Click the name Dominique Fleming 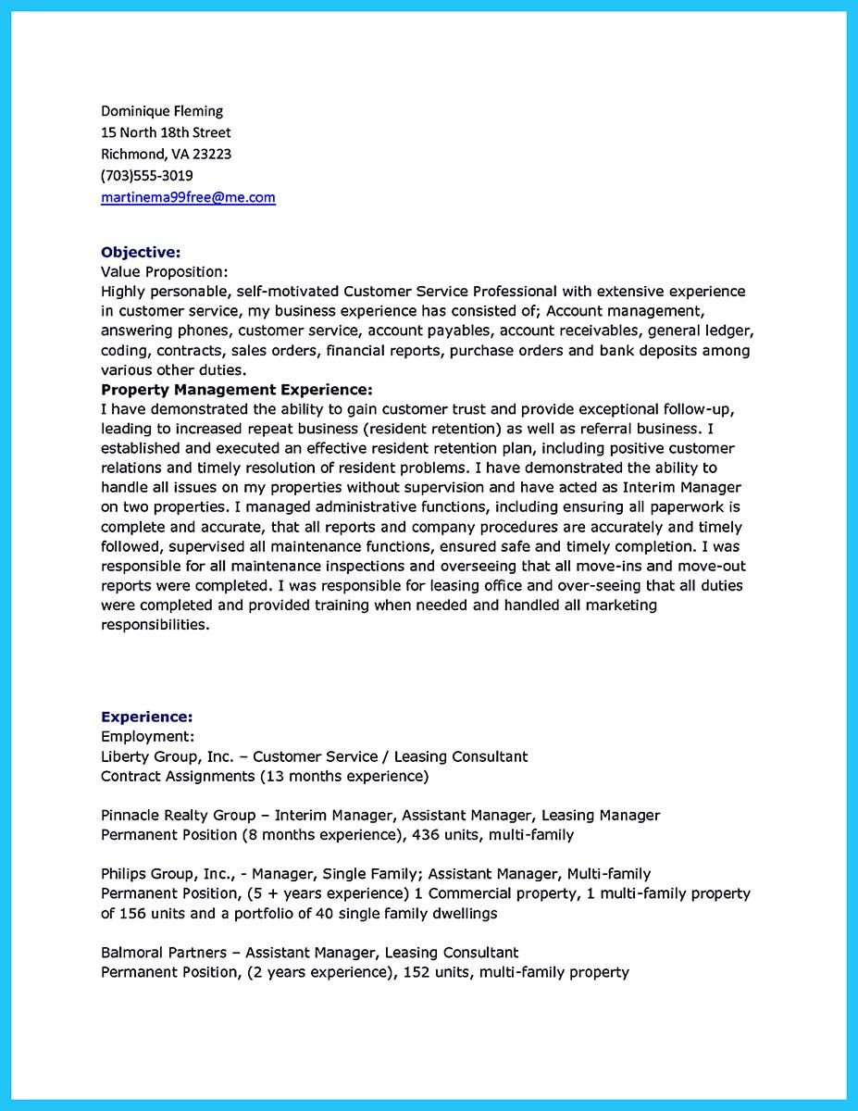[x=162, y=111]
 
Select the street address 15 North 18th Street [x=166, y=132]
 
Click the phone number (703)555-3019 [x=146, y=175]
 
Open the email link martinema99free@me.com [x=188, y=197]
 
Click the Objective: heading [x=141, y=252]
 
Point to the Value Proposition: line [x=164, y=272]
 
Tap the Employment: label [x=147, y=737]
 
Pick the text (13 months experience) [x=343, y=776]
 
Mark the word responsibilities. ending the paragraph [x=155, y=625]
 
